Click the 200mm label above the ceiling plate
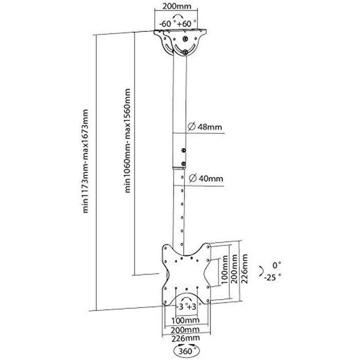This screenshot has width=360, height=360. point(177,6)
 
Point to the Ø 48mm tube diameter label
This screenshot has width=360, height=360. point(205,127)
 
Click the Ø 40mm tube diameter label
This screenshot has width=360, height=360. point(206,178)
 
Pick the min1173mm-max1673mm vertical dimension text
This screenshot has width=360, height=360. point(85,161)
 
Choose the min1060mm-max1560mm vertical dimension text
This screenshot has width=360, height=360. point(127,140)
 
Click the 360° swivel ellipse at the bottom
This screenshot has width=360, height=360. point(187,351)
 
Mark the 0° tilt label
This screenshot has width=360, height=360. point(277,265)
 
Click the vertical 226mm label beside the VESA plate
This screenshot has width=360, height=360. point(245,269)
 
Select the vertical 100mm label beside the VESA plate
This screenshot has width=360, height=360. point(225,269)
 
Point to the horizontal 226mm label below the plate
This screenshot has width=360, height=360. point(186,338)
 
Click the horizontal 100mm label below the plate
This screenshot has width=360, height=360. point(186,320)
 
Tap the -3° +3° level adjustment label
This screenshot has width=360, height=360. point(186,307)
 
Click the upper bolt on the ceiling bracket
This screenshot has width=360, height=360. point(185,39)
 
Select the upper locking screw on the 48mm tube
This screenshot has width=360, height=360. point(183,151)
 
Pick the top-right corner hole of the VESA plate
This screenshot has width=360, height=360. point(208,247)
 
